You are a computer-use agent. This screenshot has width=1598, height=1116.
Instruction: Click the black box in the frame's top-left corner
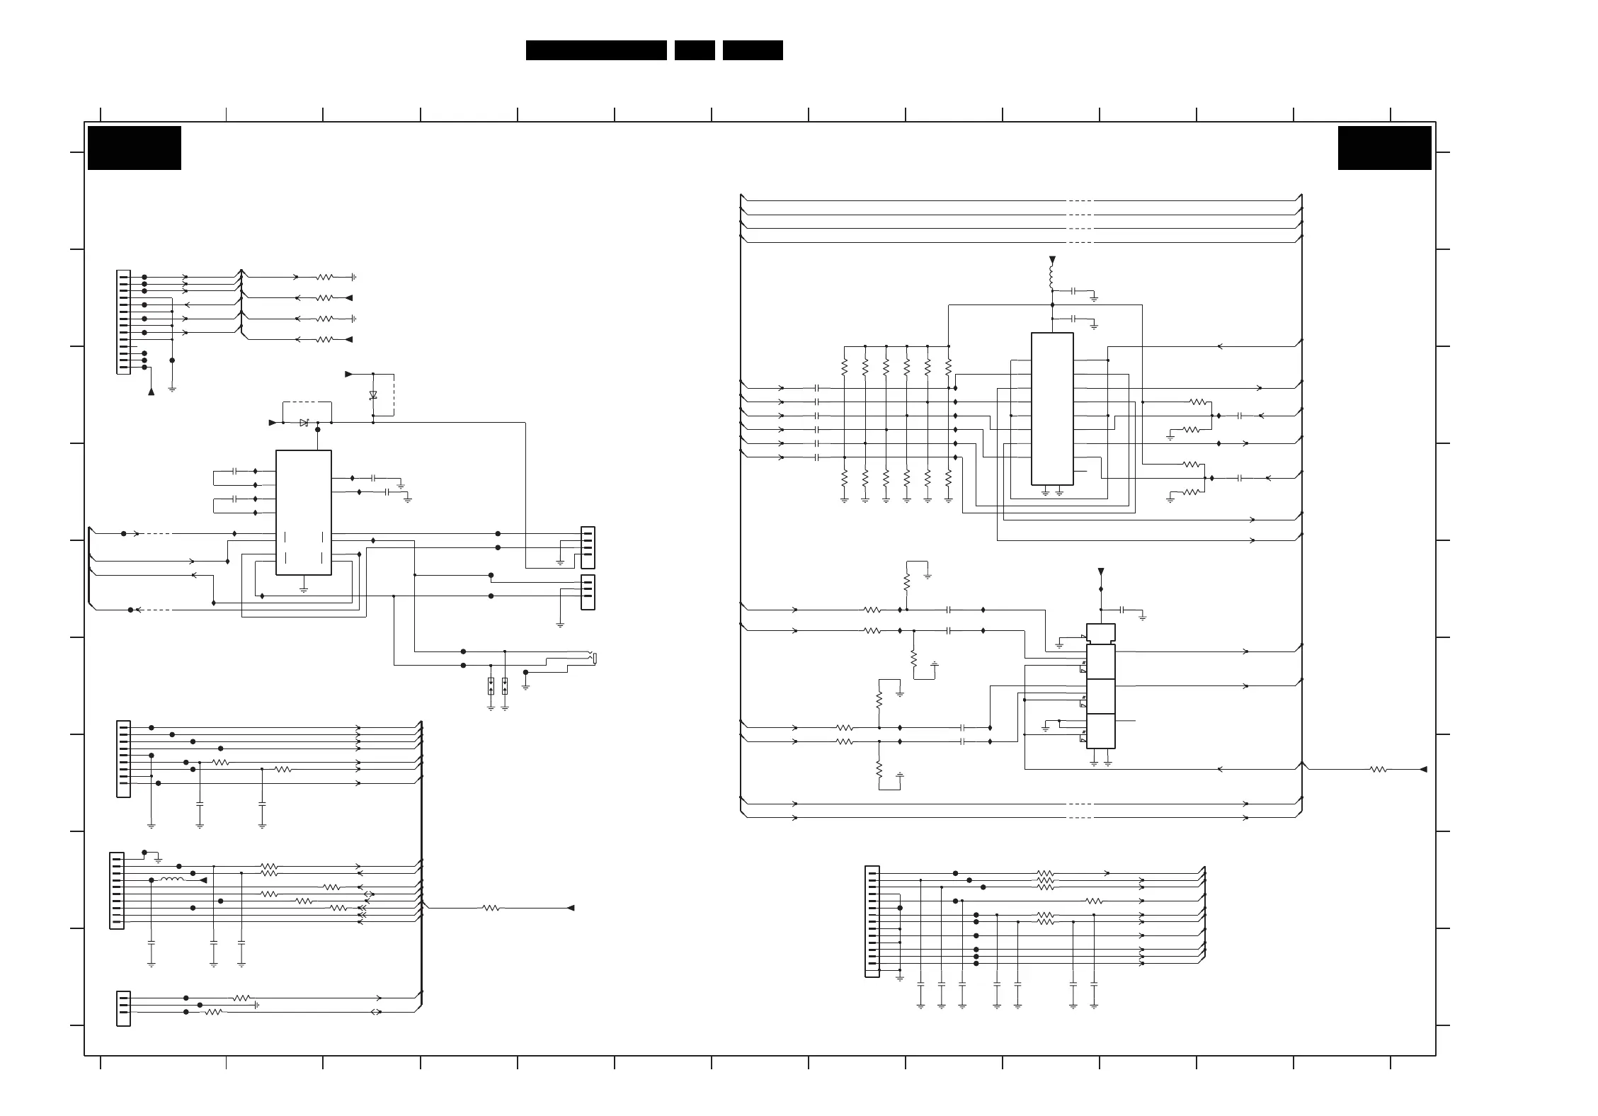tap(135, 148)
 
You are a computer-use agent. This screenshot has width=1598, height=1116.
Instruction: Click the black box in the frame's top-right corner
tap(1384, 148)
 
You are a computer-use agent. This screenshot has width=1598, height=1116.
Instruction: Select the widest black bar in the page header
tap(596, 50)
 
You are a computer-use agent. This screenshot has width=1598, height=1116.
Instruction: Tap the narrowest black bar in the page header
tap(695, 50)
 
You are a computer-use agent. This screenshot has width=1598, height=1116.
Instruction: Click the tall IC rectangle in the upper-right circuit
tap(1052, 409)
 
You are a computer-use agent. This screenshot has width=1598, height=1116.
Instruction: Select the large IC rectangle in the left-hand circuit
tap(304, 512)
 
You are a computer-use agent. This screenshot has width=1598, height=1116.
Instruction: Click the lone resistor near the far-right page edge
tap(1379, 769)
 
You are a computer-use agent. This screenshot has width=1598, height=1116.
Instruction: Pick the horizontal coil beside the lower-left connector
tap(172, 879)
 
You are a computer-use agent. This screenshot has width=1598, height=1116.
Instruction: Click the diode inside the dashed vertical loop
tap(373, 395)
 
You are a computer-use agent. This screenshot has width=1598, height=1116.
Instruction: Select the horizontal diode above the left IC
tap(304, 423)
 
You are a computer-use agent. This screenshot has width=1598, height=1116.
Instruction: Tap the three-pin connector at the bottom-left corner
tap(123, 1008)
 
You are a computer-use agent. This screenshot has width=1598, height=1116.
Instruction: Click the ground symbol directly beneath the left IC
tap(304, 588)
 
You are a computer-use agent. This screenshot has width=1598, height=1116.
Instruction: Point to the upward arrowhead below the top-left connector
tap(151, 391)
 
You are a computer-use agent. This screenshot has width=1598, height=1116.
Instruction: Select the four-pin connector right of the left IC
tap(588, 547)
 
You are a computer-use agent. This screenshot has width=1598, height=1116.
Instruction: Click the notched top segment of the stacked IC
tap(1100, 634)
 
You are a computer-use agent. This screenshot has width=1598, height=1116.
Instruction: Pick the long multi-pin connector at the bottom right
tap(872, 921)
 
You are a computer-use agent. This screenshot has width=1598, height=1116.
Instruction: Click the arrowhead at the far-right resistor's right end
tap(1423, 769)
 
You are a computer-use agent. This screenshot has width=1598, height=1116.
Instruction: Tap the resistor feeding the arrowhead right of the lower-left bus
tap(491, 908)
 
